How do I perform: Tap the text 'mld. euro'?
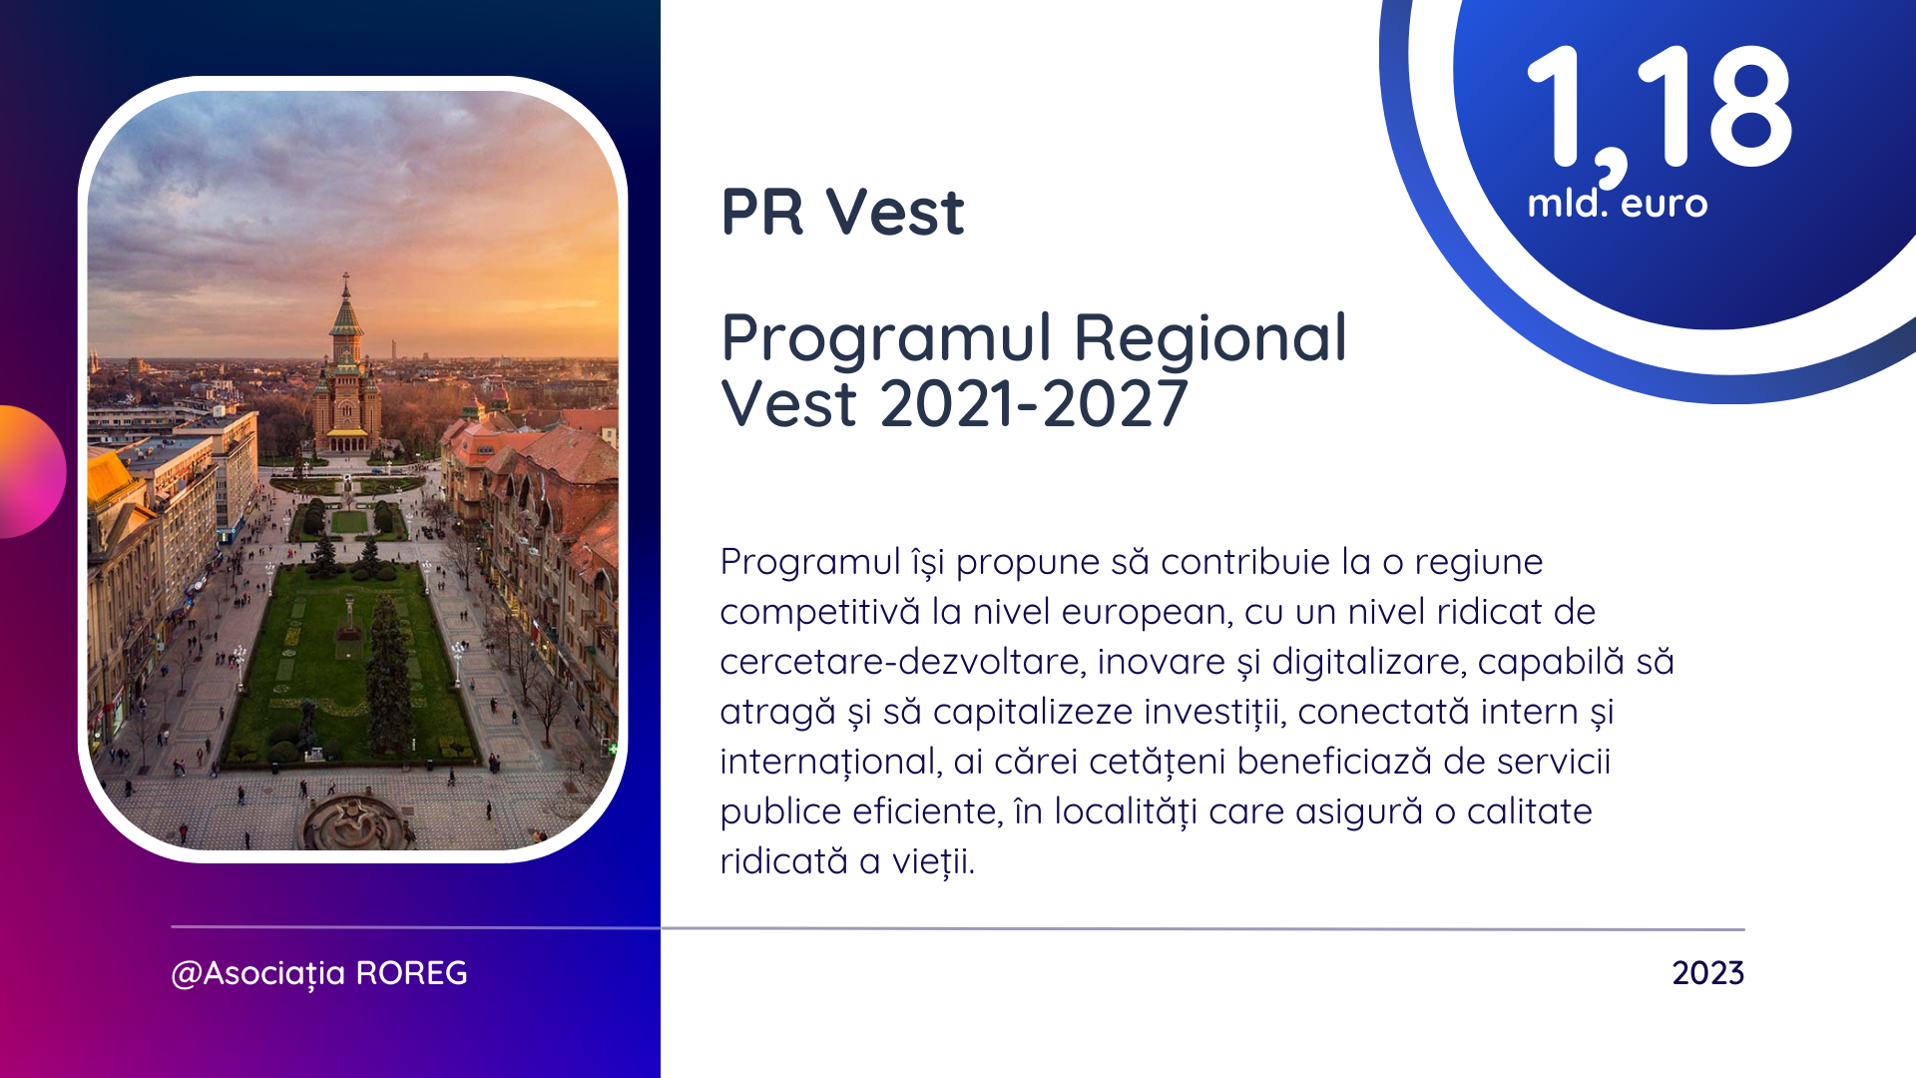tap(1618, 203)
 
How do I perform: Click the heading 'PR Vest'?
tap(842, 212)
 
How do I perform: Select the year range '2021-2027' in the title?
tap(1034, 404)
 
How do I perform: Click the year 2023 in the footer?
tap(1708, 973)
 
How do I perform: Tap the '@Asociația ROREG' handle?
tap(319, 973)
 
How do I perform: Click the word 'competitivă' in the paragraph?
tap(819, 612)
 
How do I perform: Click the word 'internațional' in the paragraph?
tap(827, 762)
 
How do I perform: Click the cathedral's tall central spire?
tap(346, 303)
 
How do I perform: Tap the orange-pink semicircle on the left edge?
tap(32, 471)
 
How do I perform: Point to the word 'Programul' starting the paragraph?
tap(810, 563)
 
